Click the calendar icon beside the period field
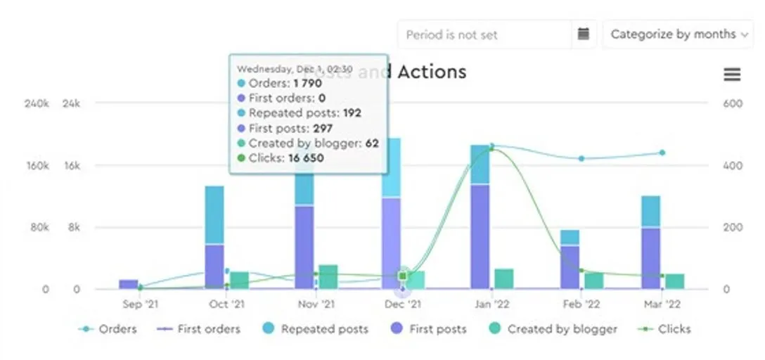(583, 34)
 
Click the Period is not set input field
(484, 34)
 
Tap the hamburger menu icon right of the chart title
(732, 75)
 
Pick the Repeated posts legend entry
(316, 328)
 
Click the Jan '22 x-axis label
(491, 304)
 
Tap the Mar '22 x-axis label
(662, 304)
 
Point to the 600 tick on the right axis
(733, 103)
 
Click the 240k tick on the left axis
(37, 103)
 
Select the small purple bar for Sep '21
(128, 284)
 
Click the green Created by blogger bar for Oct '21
(239, 280)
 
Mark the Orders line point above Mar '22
(662, 153)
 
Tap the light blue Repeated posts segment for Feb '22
(570, 238)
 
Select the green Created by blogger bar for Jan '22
(503, 278)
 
